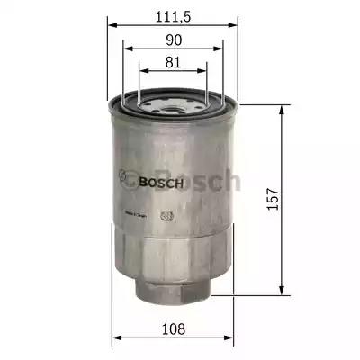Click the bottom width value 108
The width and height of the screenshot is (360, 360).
tap(172, 328)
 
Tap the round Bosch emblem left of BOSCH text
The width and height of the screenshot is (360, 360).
tap(128, 180)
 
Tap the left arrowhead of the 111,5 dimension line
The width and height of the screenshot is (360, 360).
tap(112, 25)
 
